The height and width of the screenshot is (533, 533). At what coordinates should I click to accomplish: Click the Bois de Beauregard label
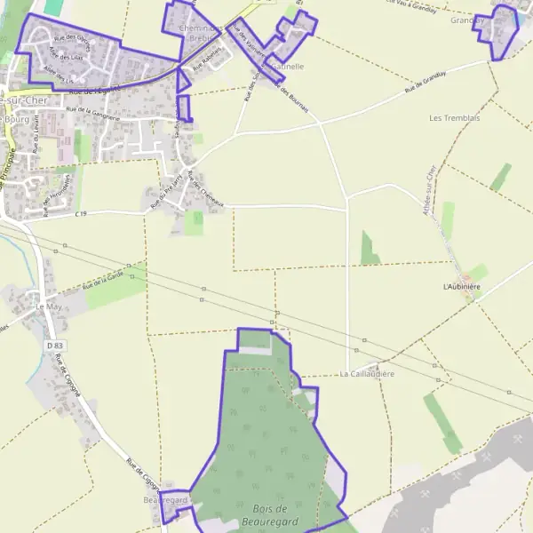(268, 514)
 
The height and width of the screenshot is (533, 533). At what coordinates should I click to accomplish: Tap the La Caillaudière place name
(367, 375)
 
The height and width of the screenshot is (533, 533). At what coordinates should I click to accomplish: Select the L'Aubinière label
(461, 287)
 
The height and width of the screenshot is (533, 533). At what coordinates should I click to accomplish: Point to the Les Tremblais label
(454, 118)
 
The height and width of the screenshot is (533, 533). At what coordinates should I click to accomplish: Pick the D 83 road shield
(55, 345)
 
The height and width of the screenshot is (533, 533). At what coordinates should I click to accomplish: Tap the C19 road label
(81, 214)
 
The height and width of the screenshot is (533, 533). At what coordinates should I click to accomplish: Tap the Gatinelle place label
(285, 67)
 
